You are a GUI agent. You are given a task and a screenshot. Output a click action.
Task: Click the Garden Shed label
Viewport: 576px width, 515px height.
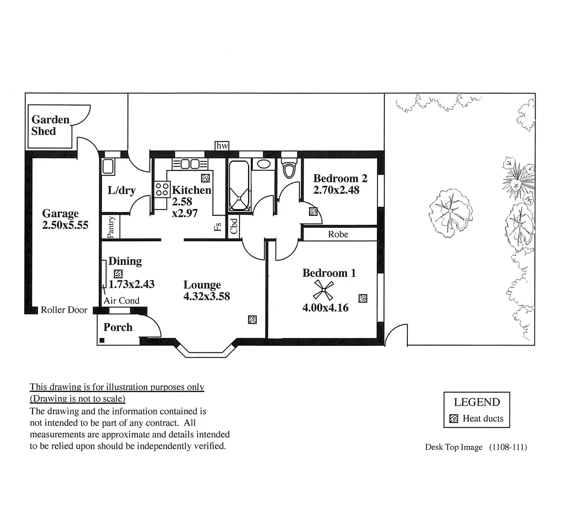[50, 125]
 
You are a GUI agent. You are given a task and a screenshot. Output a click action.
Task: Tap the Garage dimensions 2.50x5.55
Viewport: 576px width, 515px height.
[65, 225]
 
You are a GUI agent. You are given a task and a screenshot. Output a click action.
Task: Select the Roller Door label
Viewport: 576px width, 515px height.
[64, 310]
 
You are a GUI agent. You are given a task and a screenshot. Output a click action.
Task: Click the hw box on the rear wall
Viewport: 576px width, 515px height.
[222, 146]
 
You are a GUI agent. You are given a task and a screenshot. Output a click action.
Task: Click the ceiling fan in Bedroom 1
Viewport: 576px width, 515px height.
[323, 290]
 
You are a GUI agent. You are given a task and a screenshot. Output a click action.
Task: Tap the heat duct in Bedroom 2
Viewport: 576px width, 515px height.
[313, 212]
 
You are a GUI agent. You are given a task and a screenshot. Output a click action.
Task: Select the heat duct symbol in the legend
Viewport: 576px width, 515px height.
[453, 419]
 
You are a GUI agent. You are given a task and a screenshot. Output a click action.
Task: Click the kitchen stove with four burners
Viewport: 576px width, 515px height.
[162, 189]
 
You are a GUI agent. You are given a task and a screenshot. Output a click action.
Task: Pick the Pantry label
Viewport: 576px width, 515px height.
[111, 227]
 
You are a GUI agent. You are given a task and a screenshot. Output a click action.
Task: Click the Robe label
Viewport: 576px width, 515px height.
[338, 234]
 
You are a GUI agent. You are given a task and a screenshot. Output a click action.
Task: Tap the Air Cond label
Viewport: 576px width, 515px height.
[121, 301]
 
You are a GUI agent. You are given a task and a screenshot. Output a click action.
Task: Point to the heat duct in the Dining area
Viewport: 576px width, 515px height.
[118, 273]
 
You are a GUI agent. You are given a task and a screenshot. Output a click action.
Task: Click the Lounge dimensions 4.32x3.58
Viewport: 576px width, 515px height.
[206, 296]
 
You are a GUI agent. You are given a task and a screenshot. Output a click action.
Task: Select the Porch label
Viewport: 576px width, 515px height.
[118, 327]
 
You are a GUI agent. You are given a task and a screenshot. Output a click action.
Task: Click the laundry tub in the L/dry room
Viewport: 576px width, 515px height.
[108, 167]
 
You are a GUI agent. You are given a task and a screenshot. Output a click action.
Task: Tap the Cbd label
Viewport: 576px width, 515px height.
[234, 226]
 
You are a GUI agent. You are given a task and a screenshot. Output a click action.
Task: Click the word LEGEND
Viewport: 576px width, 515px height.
[477, 402]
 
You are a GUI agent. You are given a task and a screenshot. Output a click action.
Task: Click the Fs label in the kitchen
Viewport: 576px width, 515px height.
[218, 227]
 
